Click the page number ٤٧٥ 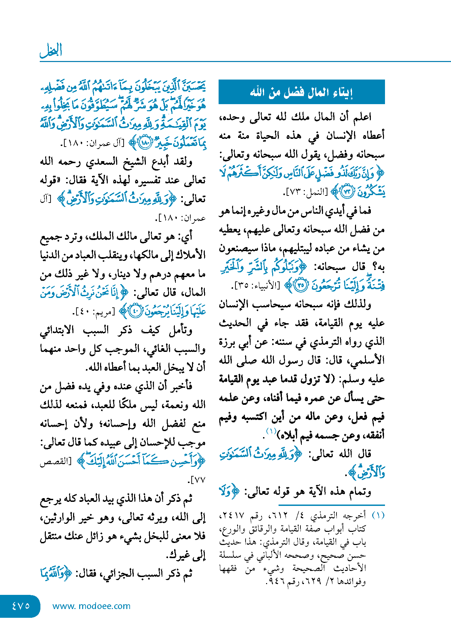(21, 606)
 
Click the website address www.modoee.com (91, 606)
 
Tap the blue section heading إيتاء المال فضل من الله (301, 92)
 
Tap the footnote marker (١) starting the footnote (378, 515)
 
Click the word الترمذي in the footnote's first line (324, 516)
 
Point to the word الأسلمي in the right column (367, 360)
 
